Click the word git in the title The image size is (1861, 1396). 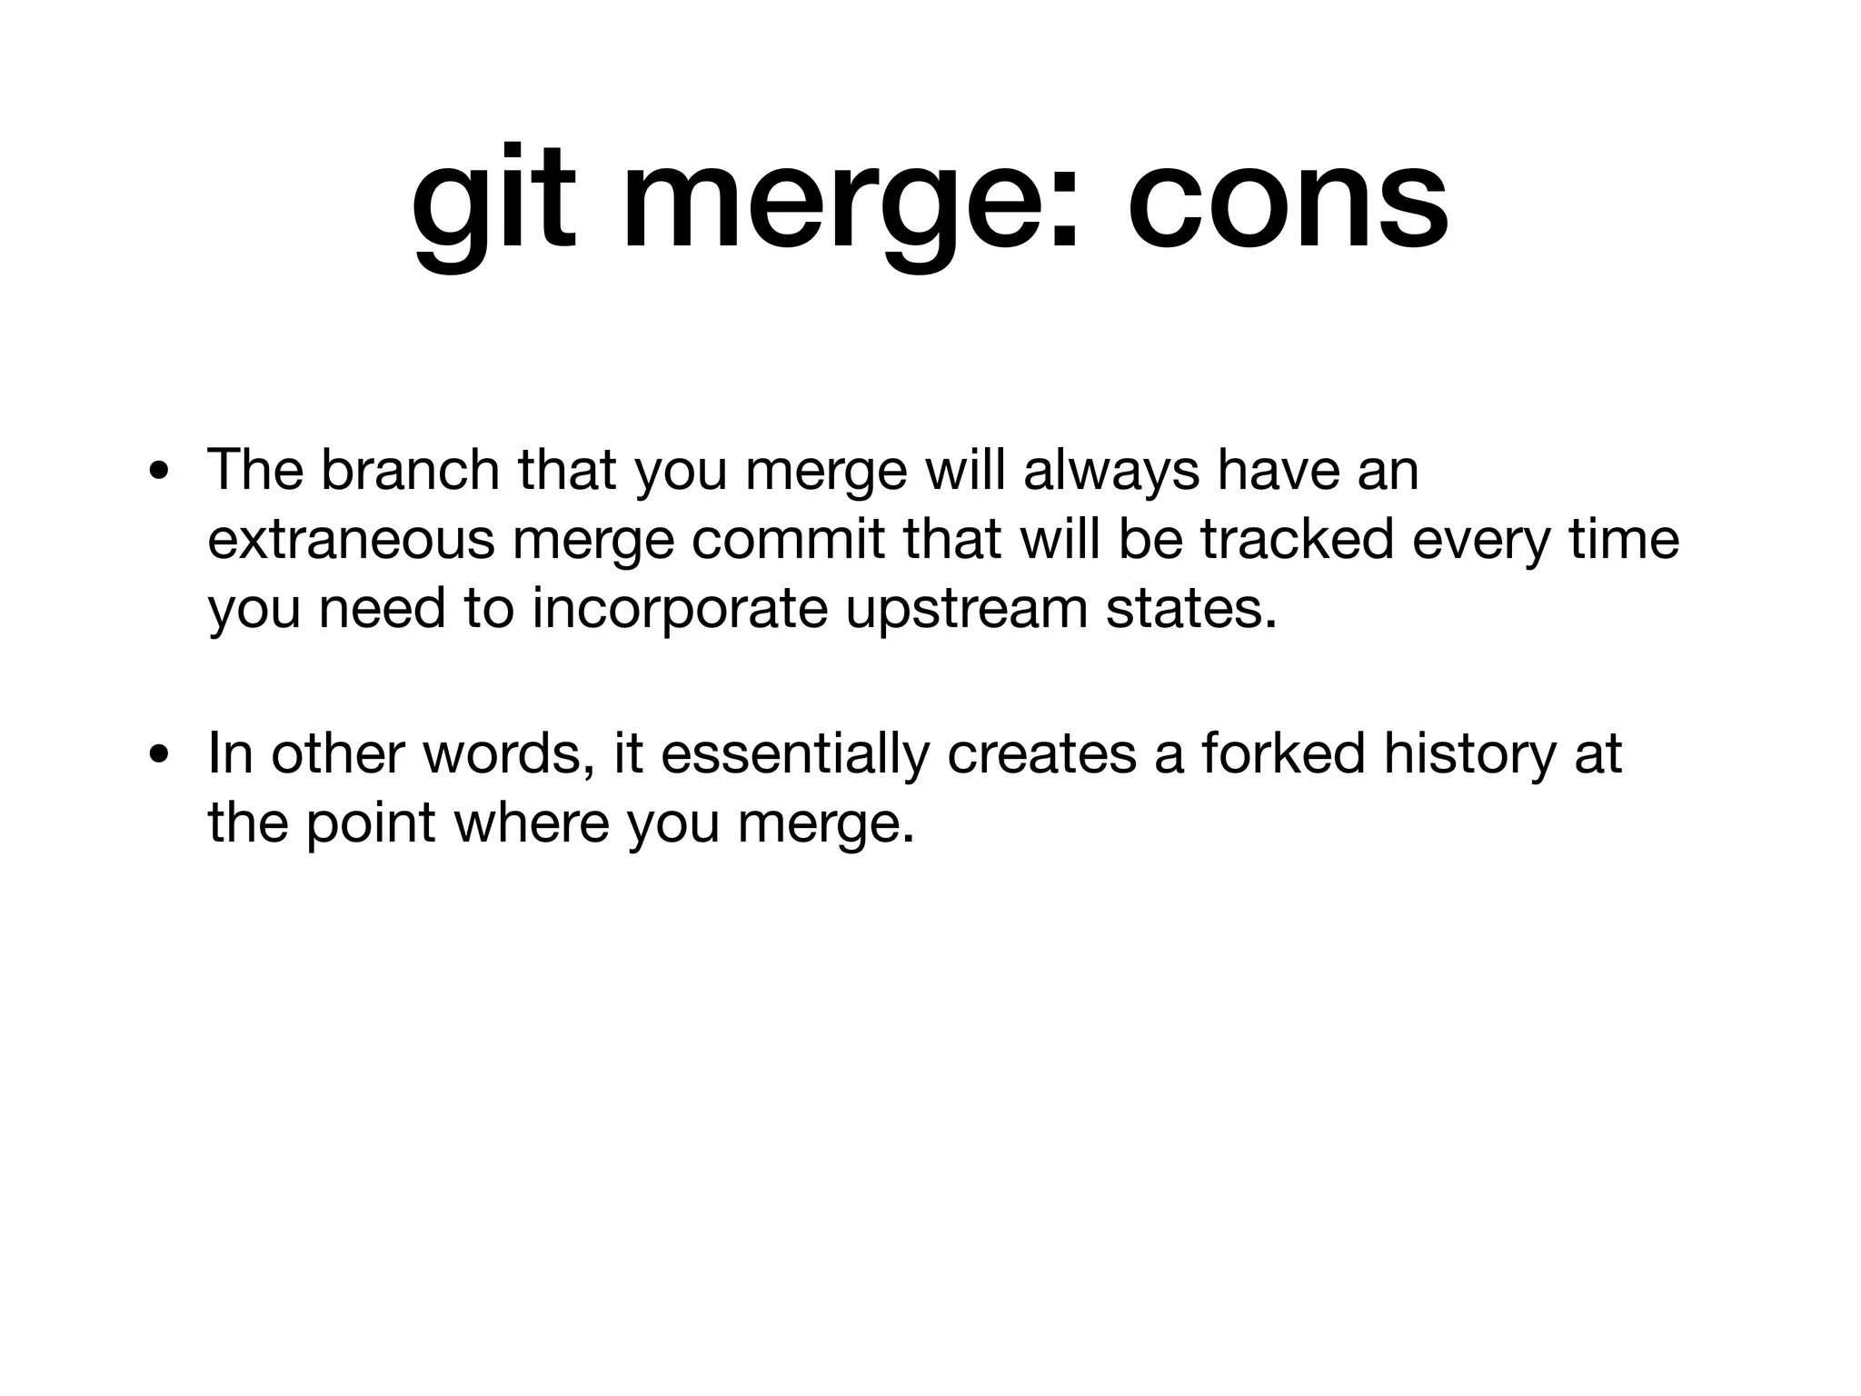tap(493, 202)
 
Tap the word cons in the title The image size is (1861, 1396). tap(1288, 202)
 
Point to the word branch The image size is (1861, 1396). tap(410, 470)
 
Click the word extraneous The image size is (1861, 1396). tap(352, 540)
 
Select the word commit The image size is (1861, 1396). tap(788, 540)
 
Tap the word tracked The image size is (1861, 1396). tap(1298, 540)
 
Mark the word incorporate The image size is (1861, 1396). tap(680, 610)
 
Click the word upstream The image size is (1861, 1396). tap(966, 610)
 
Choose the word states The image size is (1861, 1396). tap(1191, 608)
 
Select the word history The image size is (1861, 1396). tap(1469, 753)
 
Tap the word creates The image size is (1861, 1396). tap(1041, 753)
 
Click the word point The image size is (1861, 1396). tap(371, 823)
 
